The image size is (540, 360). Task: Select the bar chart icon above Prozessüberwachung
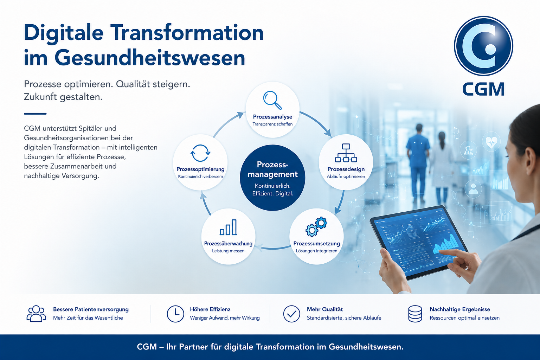pos(228,227)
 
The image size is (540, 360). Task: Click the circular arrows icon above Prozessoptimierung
pos(200,153)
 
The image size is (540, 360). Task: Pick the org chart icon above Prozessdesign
pos(346,153)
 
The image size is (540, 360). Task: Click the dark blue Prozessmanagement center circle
pos(272,178)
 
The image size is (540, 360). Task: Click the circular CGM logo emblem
pos(483,46)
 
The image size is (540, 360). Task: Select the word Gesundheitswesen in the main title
pos(150,58)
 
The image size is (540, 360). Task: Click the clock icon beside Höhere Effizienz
pos(175,314)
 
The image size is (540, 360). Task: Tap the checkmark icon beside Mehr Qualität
pos(291,314)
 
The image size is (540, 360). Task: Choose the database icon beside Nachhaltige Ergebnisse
pos(415,314)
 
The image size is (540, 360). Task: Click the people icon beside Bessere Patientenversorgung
pos(36,314)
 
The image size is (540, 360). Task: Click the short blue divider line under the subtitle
pos(35,114)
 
